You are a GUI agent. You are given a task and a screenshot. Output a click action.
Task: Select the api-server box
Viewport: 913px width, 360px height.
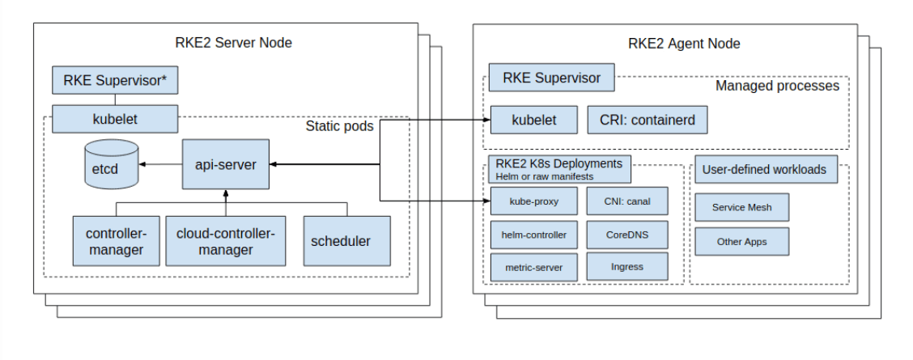click(x=225, y=164)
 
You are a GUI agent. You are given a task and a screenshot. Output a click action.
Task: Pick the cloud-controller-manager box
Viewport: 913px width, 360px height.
click(x=226, y=241)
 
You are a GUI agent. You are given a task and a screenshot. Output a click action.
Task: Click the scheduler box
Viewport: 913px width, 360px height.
click(x=346, y=241)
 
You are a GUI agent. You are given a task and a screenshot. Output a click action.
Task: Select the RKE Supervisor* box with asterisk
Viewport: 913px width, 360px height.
click(x=115, y=80)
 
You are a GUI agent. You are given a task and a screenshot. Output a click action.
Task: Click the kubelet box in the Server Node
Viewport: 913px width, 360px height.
click(x=115, y=119)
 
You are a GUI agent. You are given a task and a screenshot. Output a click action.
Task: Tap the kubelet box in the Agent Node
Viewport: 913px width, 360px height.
click(x=534, y=120)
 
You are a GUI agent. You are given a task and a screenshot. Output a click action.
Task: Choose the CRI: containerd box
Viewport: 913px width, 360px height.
click(x=647, y=120)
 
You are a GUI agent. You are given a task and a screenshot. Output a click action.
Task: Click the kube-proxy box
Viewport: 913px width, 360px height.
click(x=534, y=201)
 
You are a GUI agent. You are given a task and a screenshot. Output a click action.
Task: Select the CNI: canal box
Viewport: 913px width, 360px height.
click(x=627, y=201)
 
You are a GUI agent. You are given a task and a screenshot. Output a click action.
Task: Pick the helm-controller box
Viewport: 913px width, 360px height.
click(x=534, y=235)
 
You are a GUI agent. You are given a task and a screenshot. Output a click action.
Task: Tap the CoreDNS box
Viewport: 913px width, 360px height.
click(x=627, y=235)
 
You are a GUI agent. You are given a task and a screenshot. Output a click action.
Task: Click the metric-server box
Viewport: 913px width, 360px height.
click(x=534, y=267)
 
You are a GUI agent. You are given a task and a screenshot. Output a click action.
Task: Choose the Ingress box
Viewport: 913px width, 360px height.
click(x=627, y=267)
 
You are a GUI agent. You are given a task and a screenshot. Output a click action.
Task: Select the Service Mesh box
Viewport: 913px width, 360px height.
click(x=741, y=207)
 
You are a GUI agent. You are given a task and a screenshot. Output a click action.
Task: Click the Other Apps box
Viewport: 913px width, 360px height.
click(x=741, y=242)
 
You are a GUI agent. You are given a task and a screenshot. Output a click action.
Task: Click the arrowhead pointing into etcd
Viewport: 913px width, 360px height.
click(x=142, y=164)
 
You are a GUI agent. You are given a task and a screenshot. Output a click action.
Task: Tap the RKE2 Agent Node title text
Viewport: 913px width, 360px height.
click(x=684, y=43)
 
